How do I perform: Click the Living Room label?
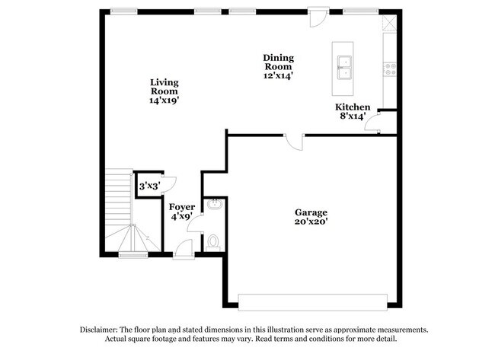pos(164,87)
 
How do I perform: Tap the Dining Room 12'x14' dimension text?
pos(279,75)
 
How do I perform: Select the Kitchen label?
pos(353,107)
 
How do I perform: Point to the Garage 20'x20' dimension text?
pos(311,221)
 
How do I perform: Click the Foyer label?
pos(182,207)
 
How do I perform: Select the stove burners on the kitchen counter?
pos(390,69)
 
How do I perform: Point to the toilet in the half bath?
pos(213,244)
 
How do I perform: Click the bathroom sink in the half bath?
pos(215,204)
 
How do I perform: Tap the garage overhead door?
pos(312,302)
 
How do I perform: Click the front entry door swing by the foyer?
pos(184,249)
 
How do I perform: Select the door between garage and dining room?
pos(294,142)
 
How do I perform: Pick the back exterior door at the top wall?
pos(319,18)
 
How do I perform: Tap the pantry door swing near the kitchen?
pos(372,123)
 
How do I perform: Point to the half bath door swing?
pos(195,224)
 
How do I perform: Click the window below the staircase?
pos(133,255)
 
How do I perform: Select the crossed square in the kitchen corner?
pos(390,23)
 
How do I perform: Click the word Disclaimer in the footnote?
pos(98,330)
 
